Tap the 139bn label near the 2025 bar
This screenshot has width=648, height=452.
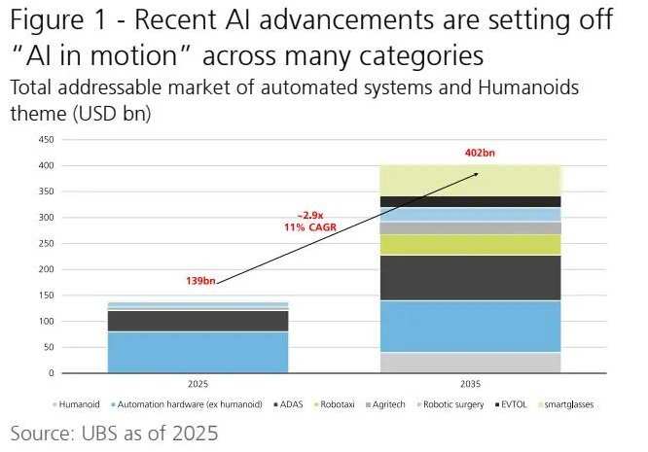(200, 281)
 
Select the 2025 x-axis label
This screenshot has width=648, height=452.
(198, 383)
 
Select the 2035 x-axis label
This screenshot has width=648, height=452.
(470, 383)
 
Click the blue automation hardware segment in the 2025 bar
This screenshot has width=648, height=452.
(198, 352)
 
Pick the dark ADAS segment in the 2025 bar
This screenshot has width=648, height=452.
(198, 321)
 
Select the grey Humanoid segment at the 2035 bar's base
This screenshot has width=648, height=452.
(470, 363)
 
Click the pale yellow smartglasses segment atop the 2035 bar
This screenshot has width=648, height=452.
(470, 180)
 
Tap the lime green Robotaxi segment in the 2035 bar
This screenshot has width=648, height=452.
(470, 244)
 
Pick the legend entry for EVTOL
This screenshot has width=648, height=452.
(513, 404)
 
